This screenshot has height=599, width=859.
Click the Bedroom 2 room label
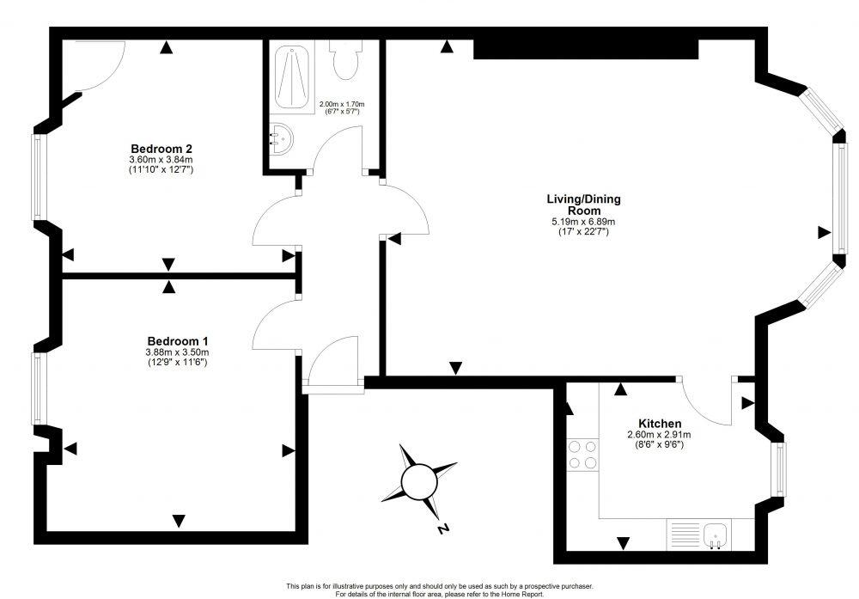(x=161, y=148)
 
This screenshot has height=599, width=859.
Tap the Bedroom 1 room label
(x=177, y=339)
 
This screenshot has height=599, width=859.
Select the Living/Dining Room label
(x=583, y=205)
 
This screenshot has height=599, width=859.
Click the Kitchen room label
(x=659, y=424)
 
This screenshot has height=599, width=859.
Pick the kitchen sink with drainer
(x=698, y=534)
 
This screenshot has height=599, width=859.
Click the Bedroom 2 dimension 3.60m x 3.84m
(x=161, y=159)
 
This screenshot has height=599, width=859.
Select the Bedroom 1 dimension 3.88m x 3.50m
(x=177, y=351)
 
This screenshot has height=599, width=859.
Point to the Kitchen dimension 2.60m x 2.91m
(x=659, y=435)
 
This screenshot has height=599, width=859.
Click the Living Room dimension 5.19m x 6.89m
(x=583, y=222)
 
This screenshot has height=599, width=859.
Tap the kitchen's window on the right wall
(x=778, y=470)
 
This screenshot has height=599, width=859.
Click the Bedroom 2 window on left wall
(x=38, y=177)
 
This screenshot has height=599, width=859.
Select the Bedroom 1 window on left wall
(x=38, y=388)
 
